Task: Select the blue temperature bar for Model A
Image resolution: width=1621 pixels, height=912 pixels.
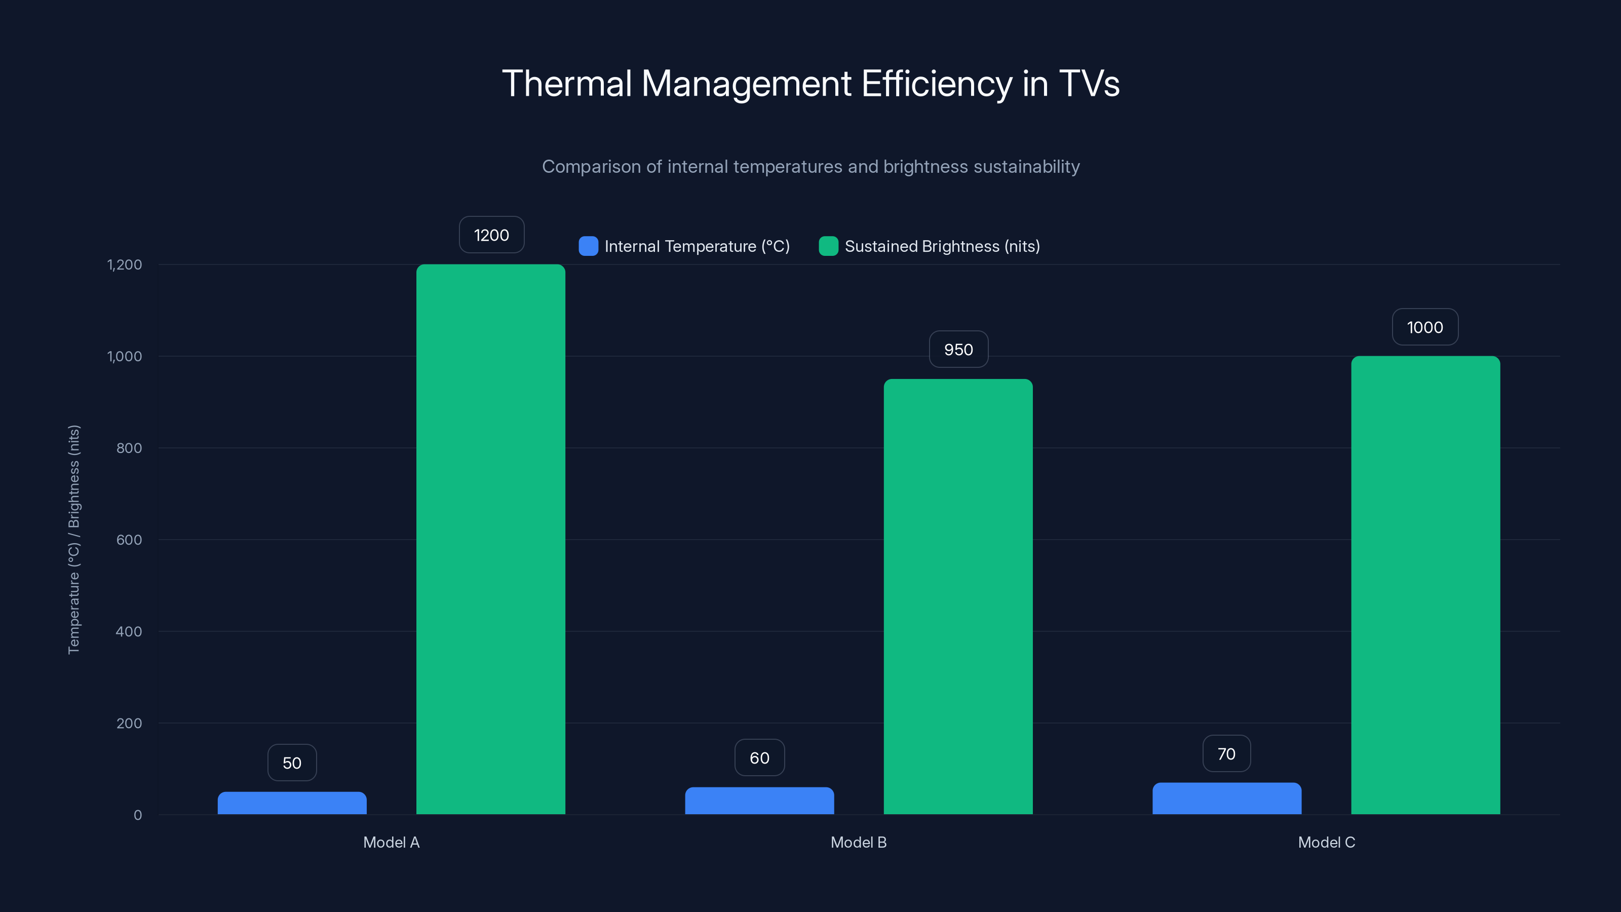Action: click(292, 803)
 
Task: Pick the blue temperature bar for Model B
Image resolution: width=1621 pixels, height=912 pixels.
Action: click(759, 801)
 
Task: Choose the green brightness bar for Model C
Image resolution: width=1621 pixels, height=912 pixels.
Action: click(1425, 585)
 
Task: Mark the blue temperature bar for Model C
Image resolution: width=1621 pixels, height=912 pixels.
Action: click(1226, 799)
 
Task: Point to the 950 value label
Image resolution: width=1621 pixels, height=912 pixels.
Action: click(958, 349)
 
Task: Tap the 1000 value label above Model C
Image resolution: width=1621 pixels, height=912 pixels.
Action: click(1424, 327)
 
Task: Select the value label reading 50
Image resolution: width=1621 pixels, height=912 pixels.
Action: click(292, 763)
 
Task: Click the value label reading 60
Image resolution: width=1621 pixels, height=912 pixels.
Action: click(759, 758)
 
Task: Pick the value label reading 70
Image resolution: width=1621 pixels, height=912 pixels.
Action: click(1226, 754)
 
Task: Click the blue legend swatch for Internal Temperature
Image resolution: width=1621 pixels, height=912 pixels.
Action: click(588, 246)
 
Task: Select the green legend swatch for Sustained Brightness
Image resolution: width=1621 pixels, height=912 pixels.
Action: click(828, 246)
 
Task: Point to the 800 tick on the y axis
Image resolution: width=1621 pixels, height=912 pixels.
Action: click(129, 448)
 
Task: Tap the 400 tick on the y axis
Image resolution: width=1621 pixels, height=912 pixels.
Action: click(129, 631)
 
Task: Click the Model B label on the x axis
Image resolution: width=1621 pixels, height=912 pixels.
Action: click(858, 842)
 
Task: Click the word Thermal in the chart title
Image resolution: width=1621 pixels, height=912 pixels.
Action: click(566, 84)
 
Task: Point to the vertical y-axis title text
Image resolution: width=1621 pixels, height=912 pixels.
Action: click(73, 540)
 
